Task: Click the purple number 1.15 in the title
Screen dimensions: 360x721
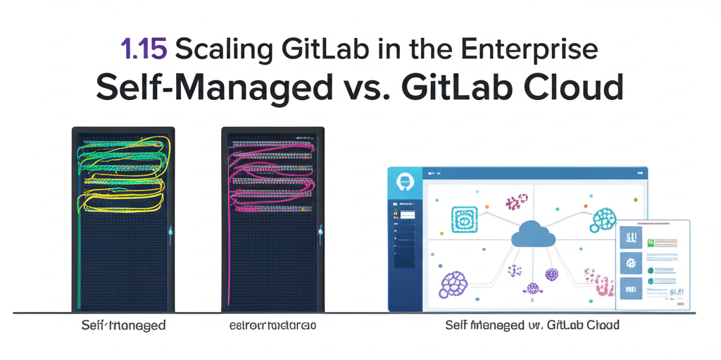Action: [x=143, y=50]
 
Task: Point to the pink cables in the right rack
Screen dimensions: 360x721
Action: [x=272, y=176]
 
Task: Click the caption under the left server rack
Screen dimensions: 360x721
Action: [x=124, y=325]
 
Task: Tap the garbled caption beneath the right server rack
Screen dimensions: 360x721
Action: [x=273, y=325]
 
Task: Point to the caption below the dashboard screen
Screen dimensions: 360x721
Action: [x=532, y=325]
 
